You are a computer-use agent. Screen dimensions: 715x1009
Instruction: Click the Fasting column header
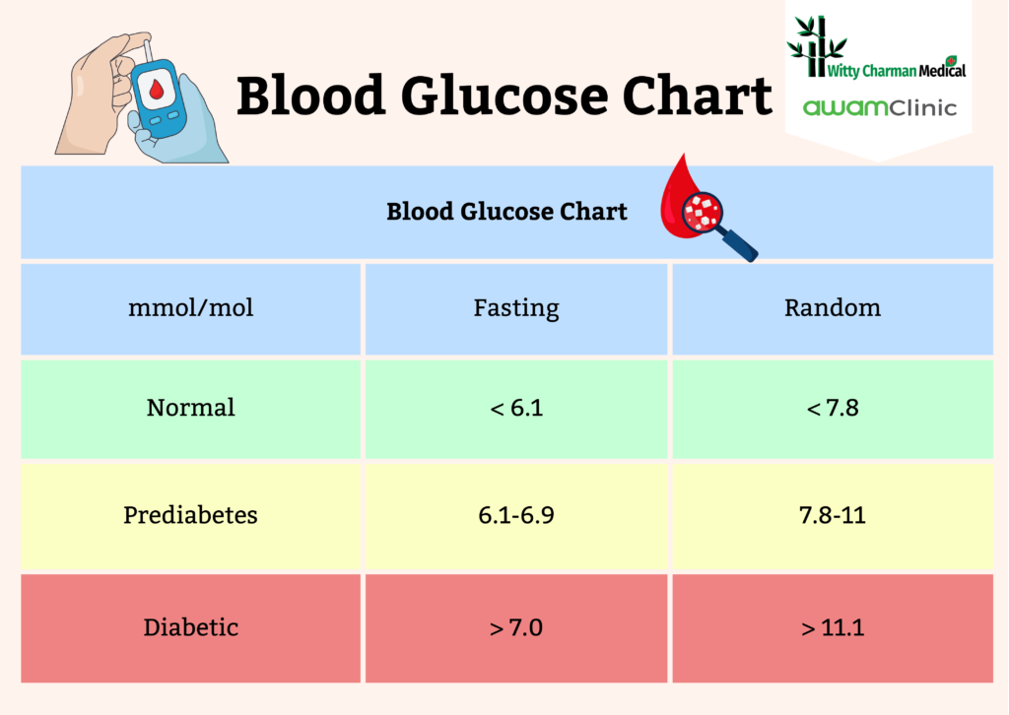pos(516,308)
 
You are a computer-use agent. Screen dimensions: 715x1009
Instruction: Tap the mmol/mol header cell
pos(191,308)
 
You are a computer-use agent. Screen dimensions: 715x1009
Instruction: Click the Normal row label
pos(191,408)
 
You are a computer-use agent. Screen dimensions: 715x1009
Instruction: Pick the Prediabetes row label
pos(191,515)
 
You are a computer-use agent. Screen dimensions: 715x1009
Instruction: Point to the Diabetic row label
pos(191,627)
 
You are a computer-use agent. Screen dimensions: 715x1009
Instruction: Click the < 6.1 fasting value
pos(516,408)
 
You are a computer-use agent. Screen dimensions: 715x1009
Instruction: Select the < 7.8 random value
pos(833,408)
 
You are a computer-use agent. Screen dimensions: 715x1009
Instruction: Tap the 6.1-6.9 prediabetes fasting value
pos(516,515)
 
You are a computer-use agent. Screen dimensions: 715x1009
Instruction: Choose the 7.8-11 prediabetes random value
pos(833,515)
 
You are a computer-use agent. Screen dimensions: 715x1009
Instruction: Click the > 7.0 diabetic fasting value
pos(516,627)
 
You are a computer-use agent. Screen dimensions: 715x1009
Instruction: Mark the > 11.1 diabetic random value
pos(833,627)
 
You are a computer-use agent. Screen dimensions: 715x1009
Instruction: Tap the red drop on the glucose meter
pos(158,91)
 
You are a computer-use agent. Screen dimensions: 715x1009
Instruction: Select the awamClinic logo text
pos(879,107)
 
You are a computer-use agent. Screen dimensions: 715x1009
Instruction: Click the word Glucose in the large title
pos(511,97)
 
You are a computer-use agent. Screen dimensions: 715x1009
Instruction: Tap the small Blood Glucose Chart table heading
pos(506,212)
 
